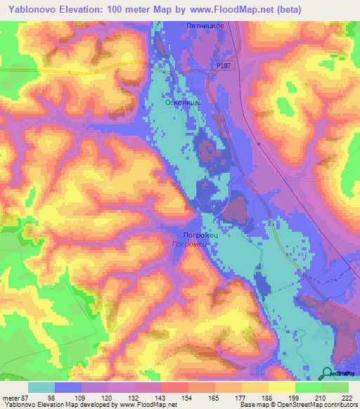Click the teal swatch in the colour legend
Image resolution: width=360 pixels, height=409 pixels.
(41, 387)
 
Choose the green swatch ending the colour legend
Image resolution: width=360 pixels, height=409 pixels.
(335, 387)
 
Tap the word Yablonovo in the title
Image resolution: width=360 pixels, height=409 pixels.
(33, 10)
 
